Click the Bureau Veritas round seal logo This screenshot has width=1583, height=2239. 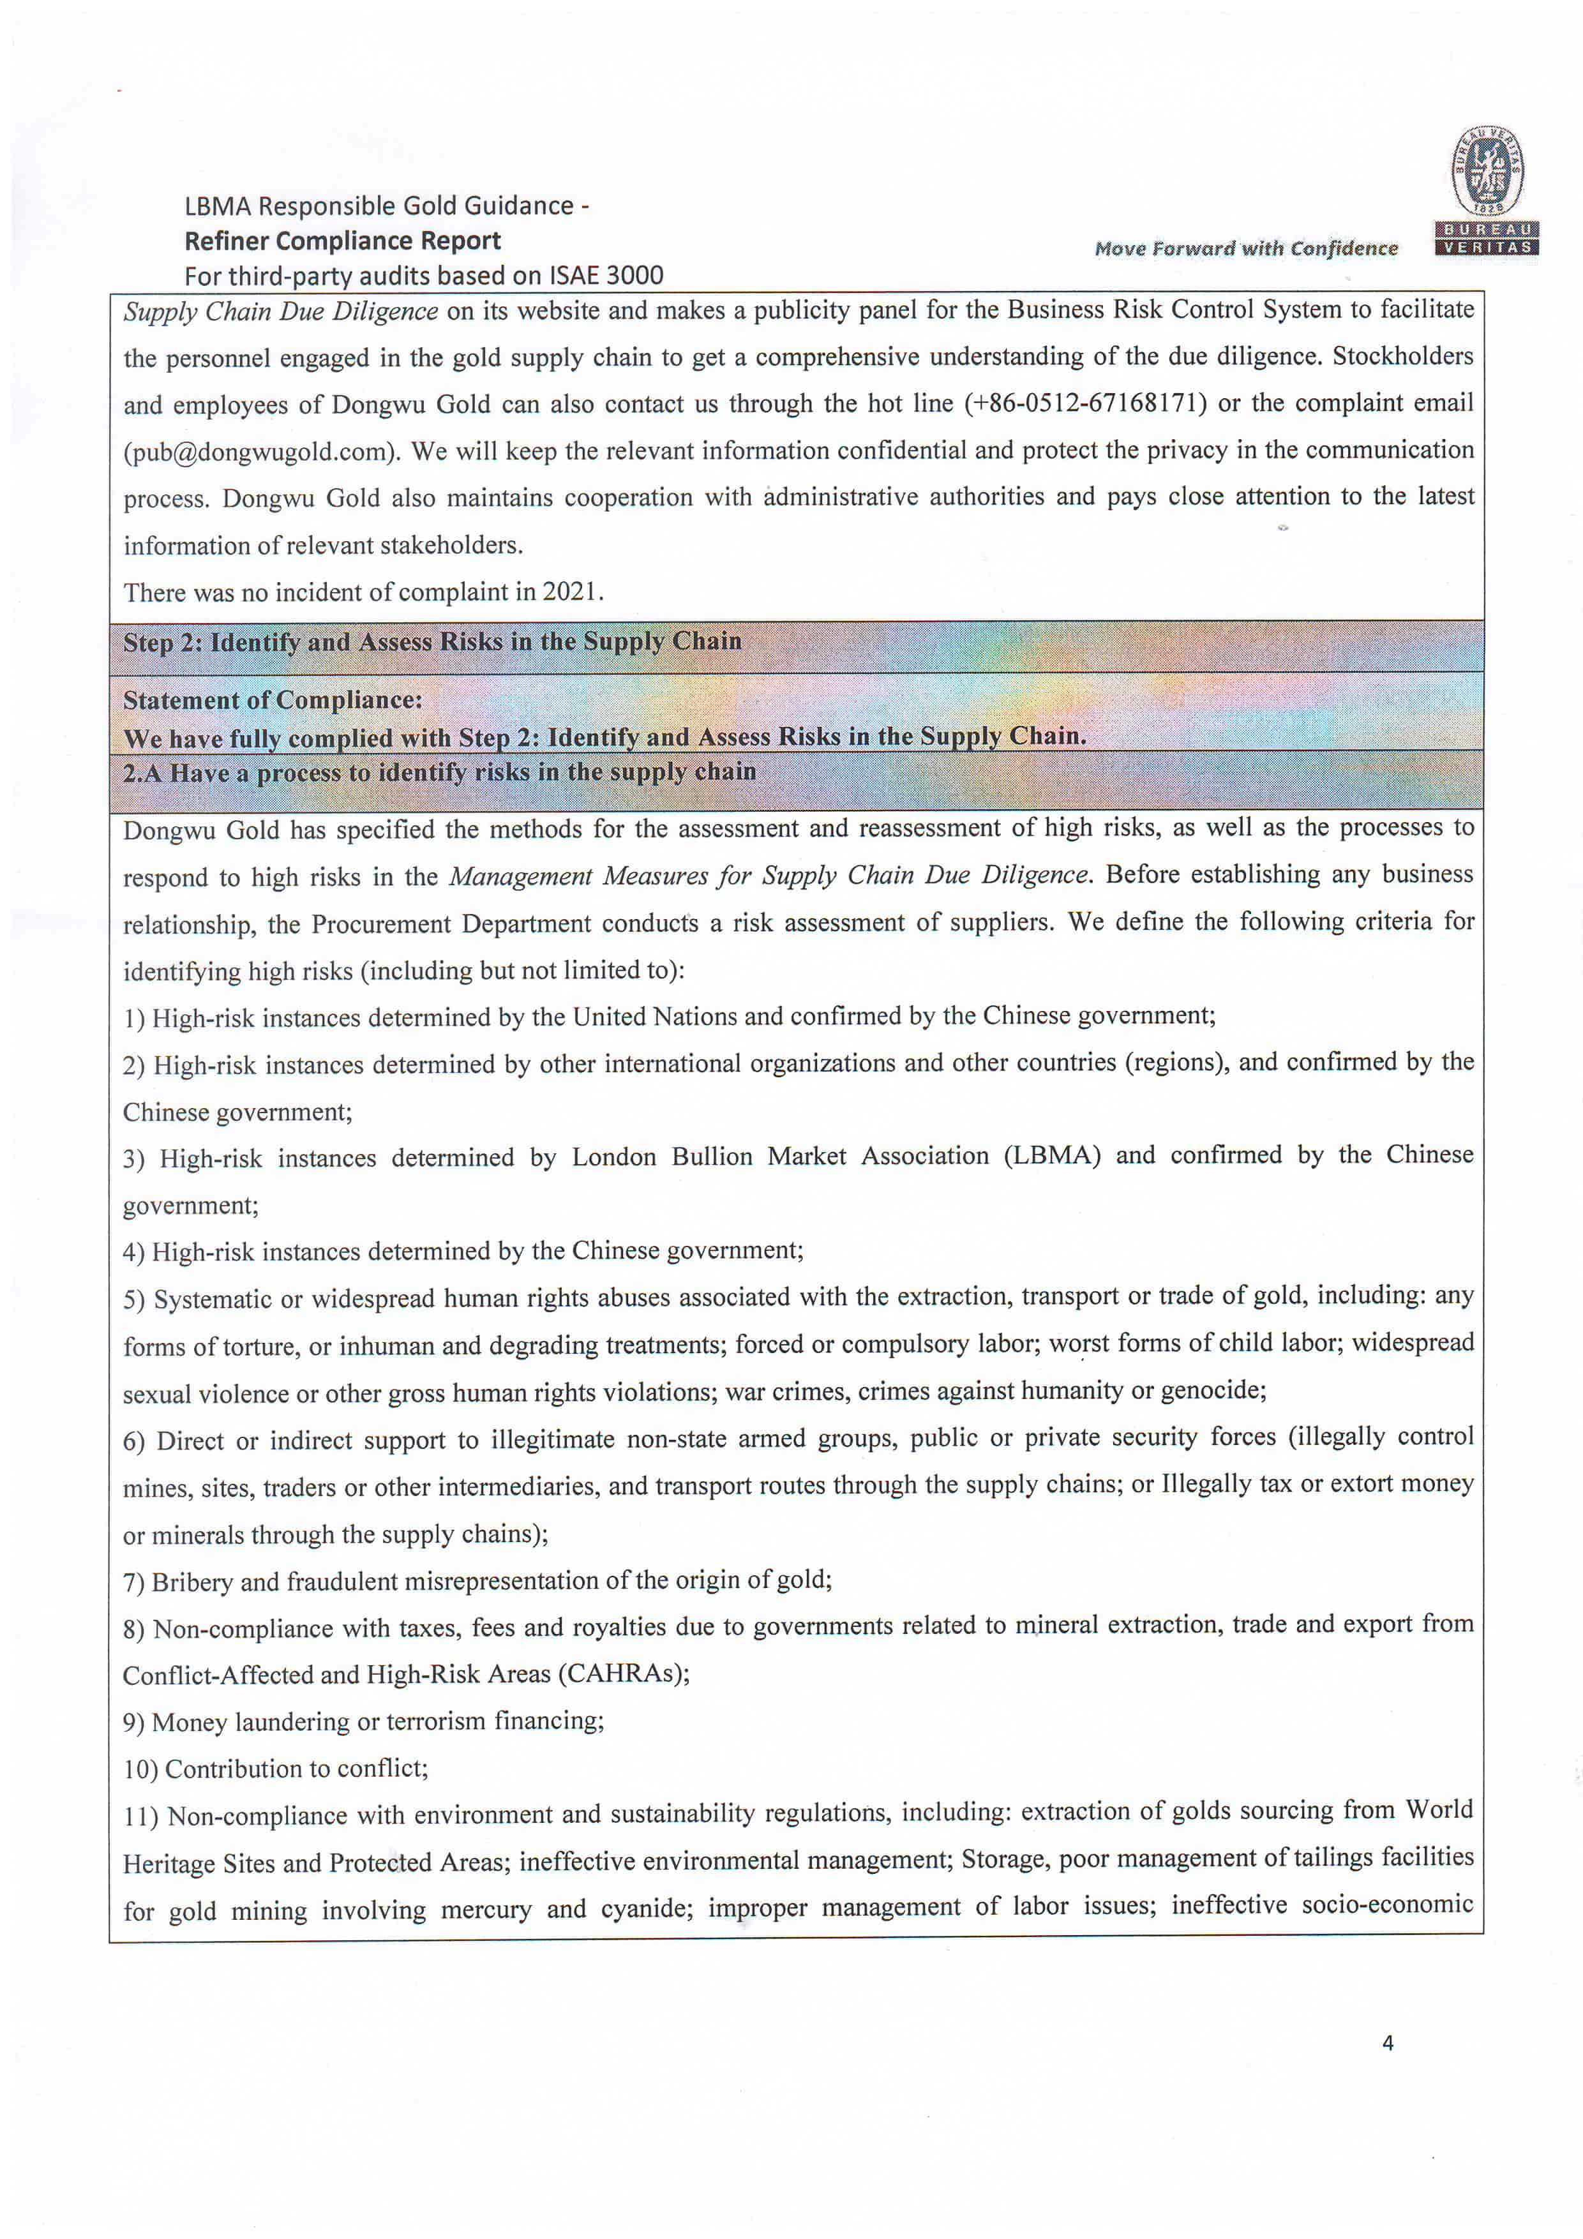1487,170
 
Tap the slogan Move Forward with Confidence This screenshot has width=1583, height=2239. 1245,249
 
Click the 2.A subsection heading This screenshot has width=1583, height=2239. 439,772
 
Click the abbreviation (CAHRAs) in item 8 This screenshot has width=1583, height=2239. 622,1674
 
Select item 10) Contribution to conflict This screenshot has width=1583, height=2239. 275,1769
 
